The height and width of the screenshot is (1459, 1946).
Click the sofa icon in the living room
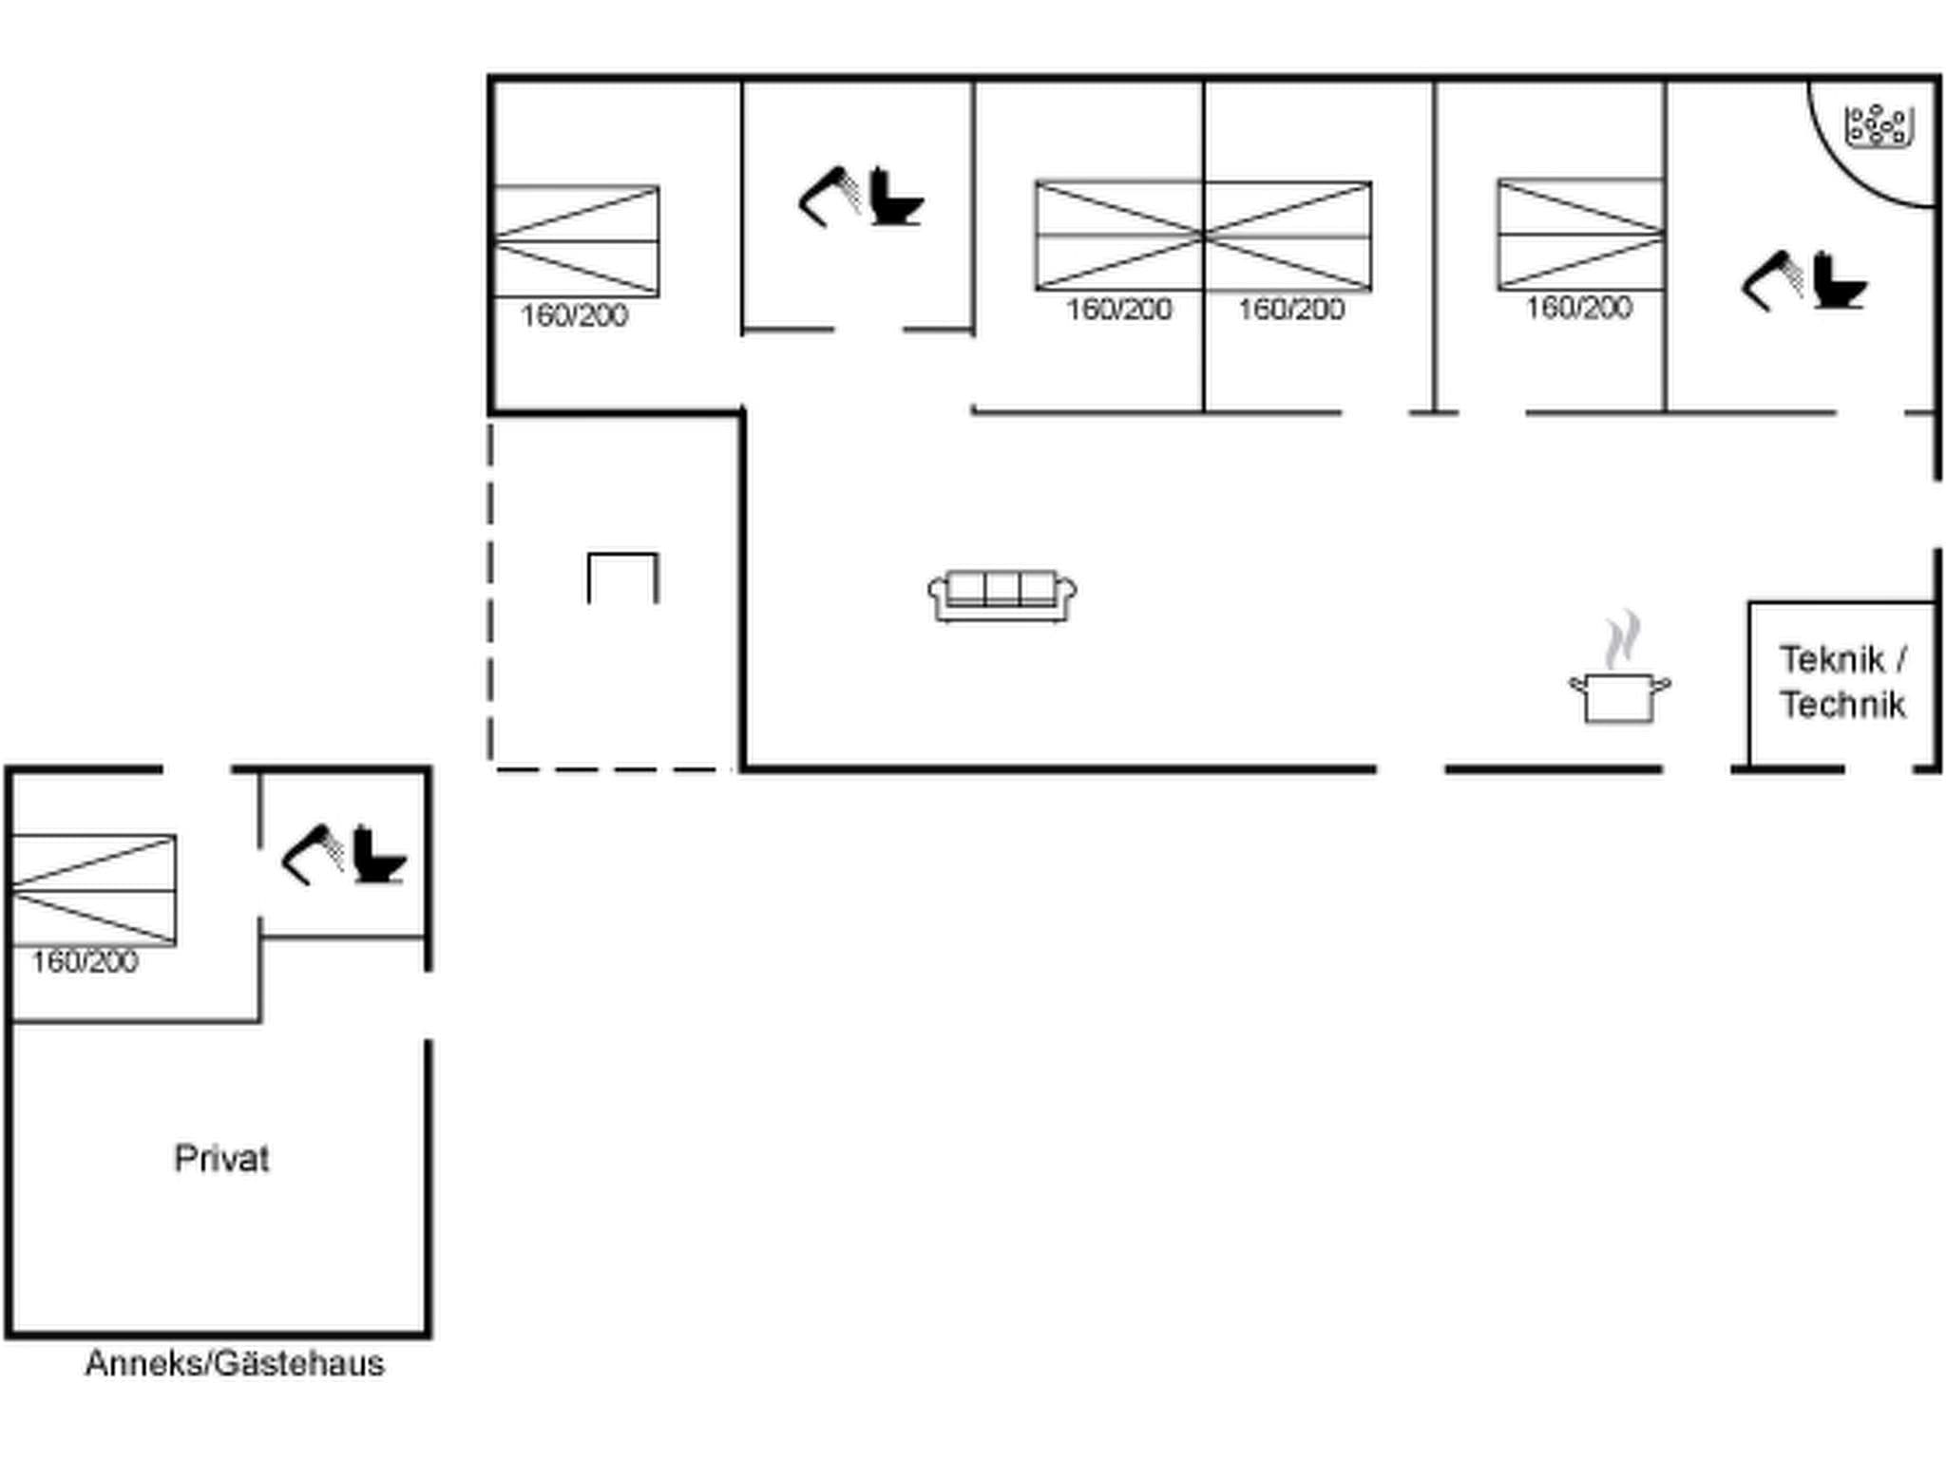click(1002, 596)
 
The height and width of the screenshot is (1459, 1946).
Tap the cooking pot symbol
click(1619, 698)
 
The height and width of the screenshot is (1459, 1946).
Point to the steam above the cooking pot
click(1623, 639)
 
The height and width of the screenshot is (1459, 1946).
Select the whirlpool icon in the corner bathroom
click(1878, 127)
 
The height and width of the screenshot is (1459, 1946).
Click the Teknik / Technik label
click(1842, 682)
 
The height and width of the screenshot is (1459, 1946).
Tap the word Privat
click(221, 1159)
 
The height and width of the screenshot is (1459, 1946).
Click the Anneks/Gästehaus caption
click(235, 1364)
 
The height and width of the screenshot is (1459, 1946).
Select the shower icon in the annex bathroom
click(312, 854)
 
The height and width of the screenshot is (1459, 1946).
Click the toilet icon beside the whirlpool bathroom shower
click(1839, 281)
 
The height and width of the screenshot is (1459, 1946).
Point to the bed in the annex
click(93, 890)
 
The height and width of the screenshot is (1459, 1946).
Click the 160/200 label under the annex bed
click(85, 962)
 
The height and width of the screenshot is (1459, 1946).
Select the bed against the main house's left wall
click(576, 240)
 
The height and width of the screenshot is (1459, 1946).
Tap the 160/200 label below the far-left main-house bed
click(574, 315)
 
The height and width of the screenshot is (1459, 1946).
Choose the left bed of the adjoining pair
click(1119, 235)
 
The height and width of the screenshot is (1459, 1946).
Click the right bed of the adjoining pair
click(1288, 235)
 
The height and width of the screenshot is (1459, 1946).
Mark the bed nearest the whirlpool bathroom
click(1580, 233)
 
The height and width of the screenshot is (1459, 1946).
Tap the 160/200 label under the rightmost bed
click(1578, 308)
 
